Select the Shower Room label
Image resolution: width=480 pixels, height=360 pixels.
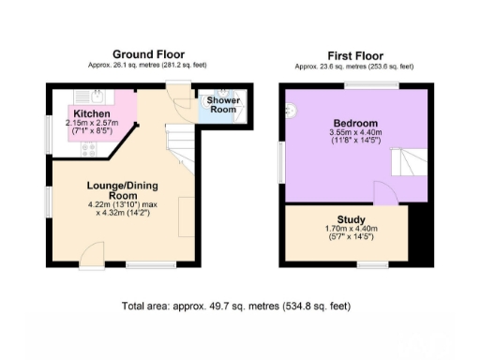point(222,104)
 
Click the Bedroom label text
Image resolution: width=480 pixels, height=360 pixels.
point(355,124)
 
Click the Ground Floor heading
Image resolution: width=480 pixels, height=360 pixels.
point(148,53)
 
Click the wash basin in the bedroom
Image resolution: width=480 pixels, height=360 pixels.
point(292,109)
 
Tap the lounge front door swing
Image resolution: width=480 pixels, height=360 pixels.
point(92,253)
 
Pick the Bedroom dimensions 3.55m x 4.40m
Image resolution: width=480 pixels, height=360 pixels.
point(355,138)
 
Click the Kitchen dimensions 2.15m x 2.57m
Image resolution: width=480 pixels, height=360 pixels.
point(89,127)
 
